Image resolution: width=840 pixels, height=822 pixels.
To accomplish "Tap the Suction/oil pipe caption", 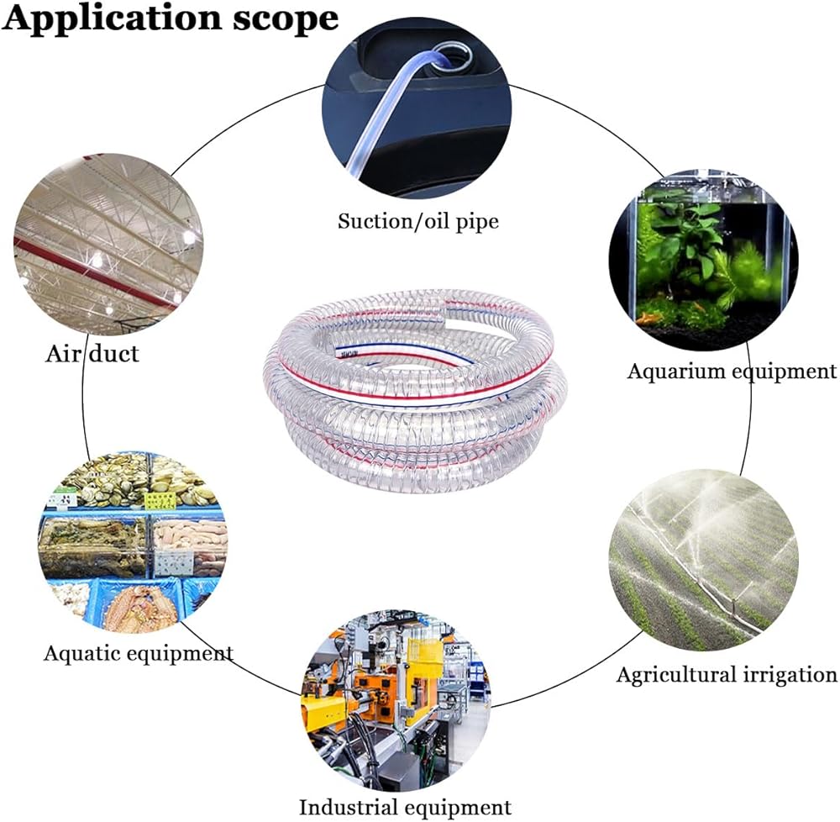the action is click(x=417, y=221).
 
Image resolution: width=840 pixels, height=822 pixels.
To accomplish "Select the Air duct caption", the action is click(x=92, y=354).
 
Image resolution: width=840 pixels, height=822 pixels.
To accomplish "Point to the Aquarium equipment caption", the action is click(x=732, y=371).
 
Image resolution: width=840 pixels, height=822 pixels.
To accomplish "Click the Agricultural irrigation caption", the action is click(x=727, y=674).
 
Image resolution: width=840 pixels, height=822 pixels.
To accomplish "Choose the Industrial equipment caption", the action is click(x=405, y=807).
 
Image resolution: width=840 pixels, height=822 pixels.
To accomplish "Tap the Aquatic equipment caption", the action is click(x=139, y=653).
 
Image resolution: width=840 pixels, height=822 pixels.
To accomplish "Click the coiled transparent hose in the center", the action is click(x=415, y=391).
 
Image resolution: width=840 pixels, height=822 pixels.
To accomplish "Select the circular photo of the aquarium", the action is click(x=703, y=261).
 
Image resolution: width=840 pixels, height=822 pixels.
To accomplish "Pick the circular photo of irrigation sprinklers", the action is click(x=703, y=561).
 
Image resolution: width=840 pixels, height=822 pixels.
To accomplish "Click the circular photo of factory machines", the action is click(x=396, y=699).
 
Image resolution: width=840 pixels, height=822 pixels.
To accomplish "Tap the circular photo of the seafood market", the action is click(x=133, y=542).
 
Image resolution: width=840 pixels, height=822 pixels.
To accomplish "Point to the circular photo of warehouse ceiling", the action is click(x=108, y=245).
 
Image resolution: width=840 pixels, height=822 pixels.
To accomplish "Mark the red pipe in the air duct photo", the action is click(x=97, y=272).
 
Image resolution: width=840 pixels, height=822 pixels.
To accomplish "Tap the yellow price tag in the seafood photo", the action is click(x=160, y=501).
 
